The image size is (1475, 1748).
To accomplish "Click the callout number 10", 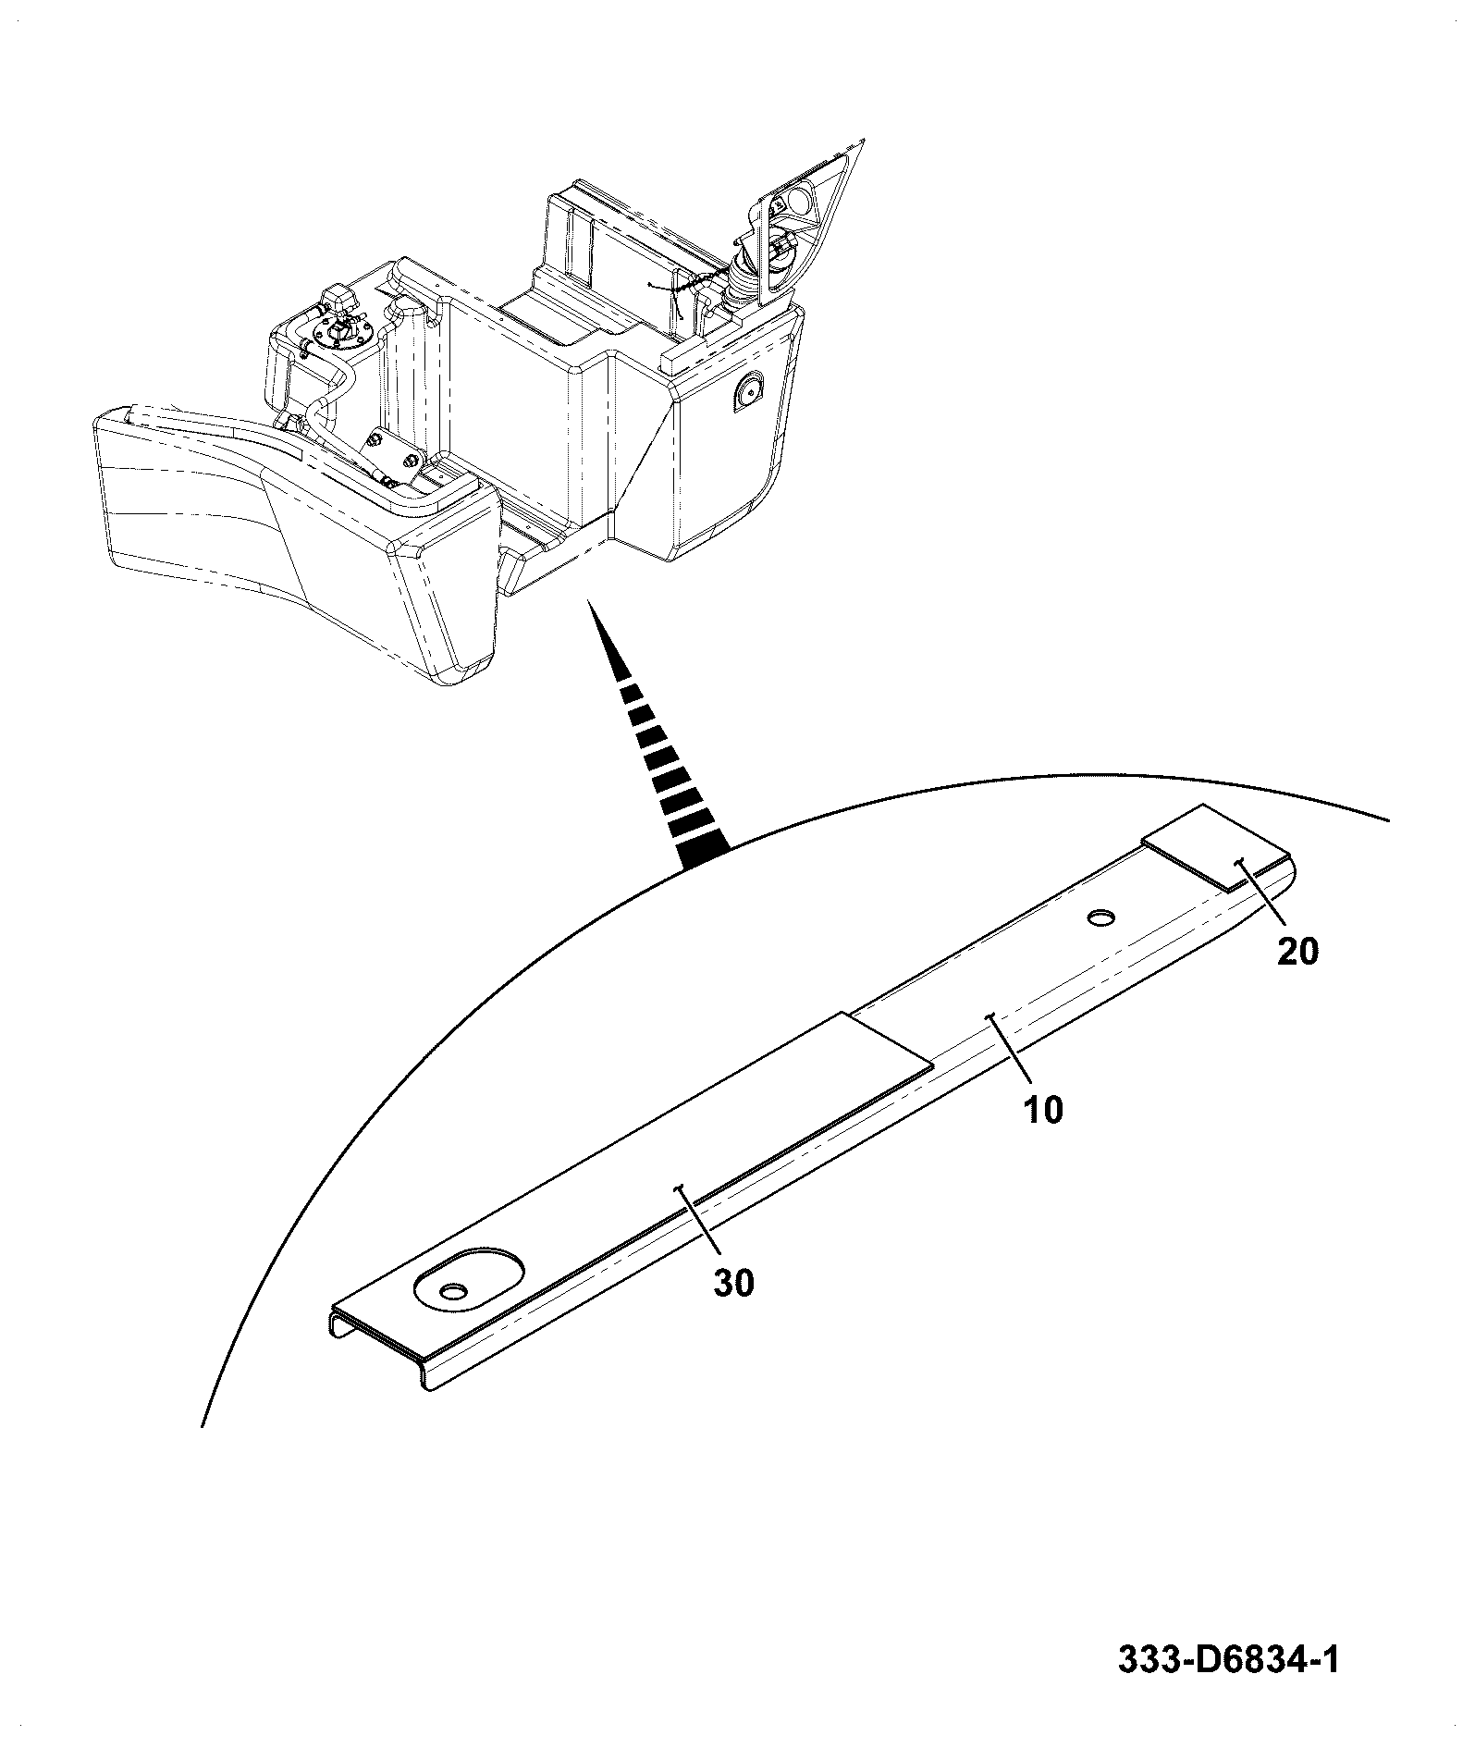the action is (1043, 1109).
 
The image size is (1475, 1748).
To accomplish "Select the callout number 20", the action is (1297, 951).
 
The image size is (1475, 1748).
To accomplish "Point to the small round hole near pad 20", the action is (1102, 917).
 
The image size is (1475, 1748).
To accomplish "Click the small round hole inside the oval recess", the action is (453, 1290).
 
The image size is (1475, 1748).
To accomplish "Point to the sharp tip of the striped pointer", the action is (588, 600).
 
